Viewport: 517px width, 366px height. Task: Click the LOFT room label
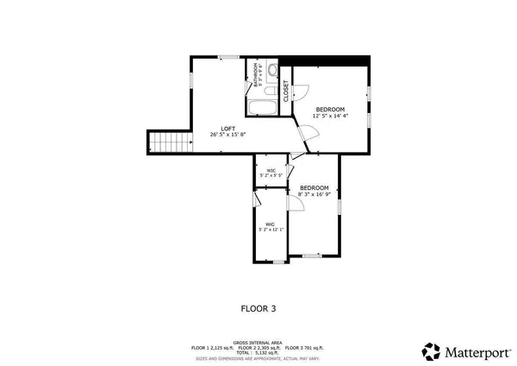pos(227,128)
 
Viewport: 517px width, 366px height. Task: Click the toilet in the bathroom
pos(272,71)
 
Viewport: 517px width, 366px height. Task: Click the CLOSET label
pos(287,91)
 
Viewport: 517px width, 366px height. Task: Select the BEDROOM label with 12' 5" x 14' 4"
pos(330,109)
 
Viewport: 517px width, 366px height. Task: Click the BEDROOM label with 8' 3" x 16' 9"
pos(314,188)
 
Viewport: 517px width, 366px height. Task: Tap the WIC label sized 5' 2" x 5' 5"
pos(271,171)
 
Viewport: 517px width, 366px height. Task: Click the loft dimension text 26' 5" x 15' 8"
pos(227,135)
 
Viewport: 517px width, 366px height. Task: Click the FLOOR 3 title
pos(258,307)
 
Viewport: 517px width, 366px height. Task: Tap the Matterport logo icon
pos(431,350)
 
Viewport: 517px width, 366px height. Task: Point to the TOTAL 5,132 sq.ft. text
pos(258,352)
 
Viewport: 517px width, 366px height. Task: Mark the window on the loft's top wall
pos(227,58)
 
